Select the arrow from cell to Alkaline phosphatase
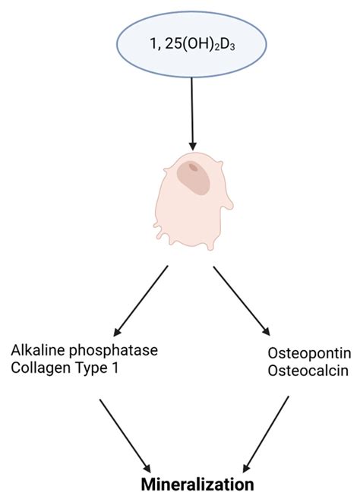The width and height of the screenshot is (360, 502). coord(141,300)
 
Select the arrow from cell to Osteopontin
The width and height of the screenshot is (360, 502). coord(241,300)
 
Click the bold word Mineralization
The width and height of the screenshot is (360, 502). coord(199,483)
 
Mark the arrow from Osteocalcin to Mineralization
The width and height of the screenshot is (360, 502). coord(265,432)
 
